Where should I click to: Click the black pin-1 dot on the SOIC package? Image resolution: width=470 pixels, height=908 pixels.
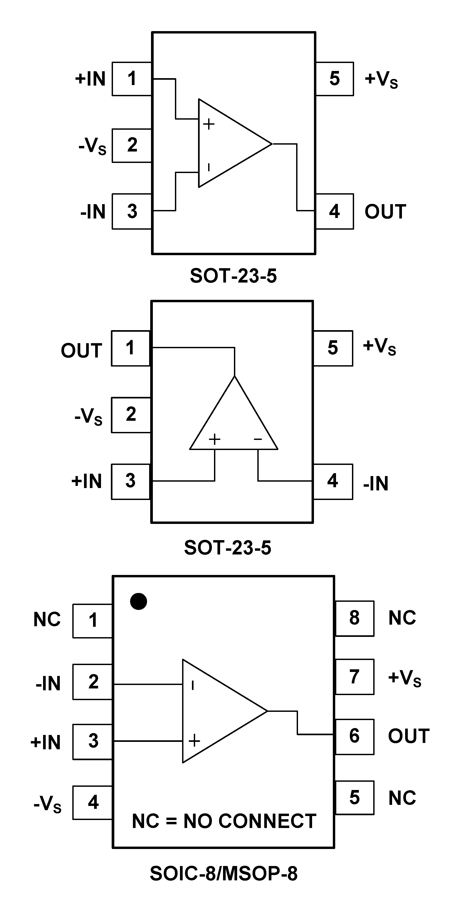[138, 601]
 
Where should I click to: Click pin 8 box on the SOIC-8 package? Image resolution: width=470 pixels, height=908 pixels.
[354, 618]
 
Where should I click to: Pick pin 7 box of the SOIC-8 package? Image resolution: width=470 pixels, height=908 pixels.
[354, 677]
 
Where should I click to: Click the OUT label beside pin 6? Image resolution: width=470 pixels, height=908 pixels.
[409, 736]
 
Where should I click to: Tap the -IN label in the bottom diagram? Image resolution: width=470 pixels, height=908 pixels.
[48, 683]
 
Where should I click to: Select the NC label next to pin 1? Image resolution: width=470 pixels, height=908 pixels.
[47, 619]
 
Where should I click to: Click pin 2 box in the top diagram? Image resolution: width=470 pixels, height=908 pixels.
[132, 145]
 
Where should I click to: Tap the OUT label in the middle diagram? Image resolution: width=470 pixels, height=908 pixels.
[81, 350]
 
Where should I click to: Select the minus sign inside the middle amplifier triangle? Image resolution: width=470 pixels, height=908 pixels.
[258, 439]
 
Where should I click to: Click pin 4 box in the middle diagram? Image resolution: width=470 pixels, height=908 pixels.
[333, 481]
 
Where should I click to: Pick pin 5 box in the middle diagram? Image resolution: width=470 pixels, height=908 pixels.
[333, 348]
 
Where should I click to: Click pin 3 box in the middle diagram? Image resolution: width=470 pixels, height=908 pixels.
[131, 481]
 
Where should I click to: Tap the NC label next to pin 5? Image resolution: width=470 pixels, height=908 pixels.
[402, 798]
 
